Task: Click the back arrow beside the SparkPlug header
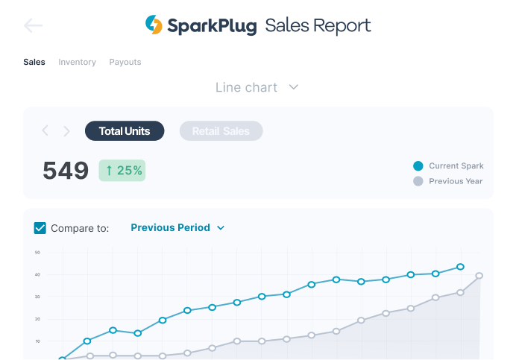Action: pyautogui.click(x=33, y=26)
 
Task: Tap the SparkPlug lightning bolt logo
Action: pyautogui.click(x=154, y=25)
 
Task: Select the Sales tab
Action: pyautogui.click(x=34, y=62)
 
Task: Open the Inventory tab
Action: pyautogui.click(x=78, y=62)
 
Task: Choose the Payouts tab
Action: pyautogui.click(x=125, y=62)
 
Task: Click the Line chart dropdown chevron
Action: pyautogui.click(x=294, y=87)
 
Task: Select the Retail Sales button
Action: pyautogui.click(x=221, y=131)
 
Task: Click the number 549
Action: pyautogui.click(x=66, y=171)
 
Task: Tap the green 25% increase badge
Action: pyautogui.click(x=122, y=171)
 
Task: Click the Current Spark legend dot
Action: pyautogui.click(x=418, y=166)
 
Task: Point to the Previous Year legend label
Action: pyautogui.click(x=456, y=181)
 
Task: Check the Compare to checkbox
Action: pyautogui.click(x=40, y=228)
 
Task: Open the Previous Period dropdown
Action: pyautogui.click(x=177, y=228)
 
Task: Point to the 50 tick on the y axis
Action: pyautogui.click(x=37, y=252)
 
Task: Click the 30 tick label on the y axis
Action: pyautogui.click(x=37, y=297)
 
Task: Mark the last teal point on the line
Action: pyautogui.click(x=460, y=266)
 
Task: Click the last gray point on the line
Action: pyautogui.click(x=479, y=276)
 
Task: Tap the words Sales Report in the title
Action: pyautogui.click(x=318, y=26)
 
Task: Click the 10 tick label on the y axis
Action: pyautogui.click(x=37, y=341)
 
